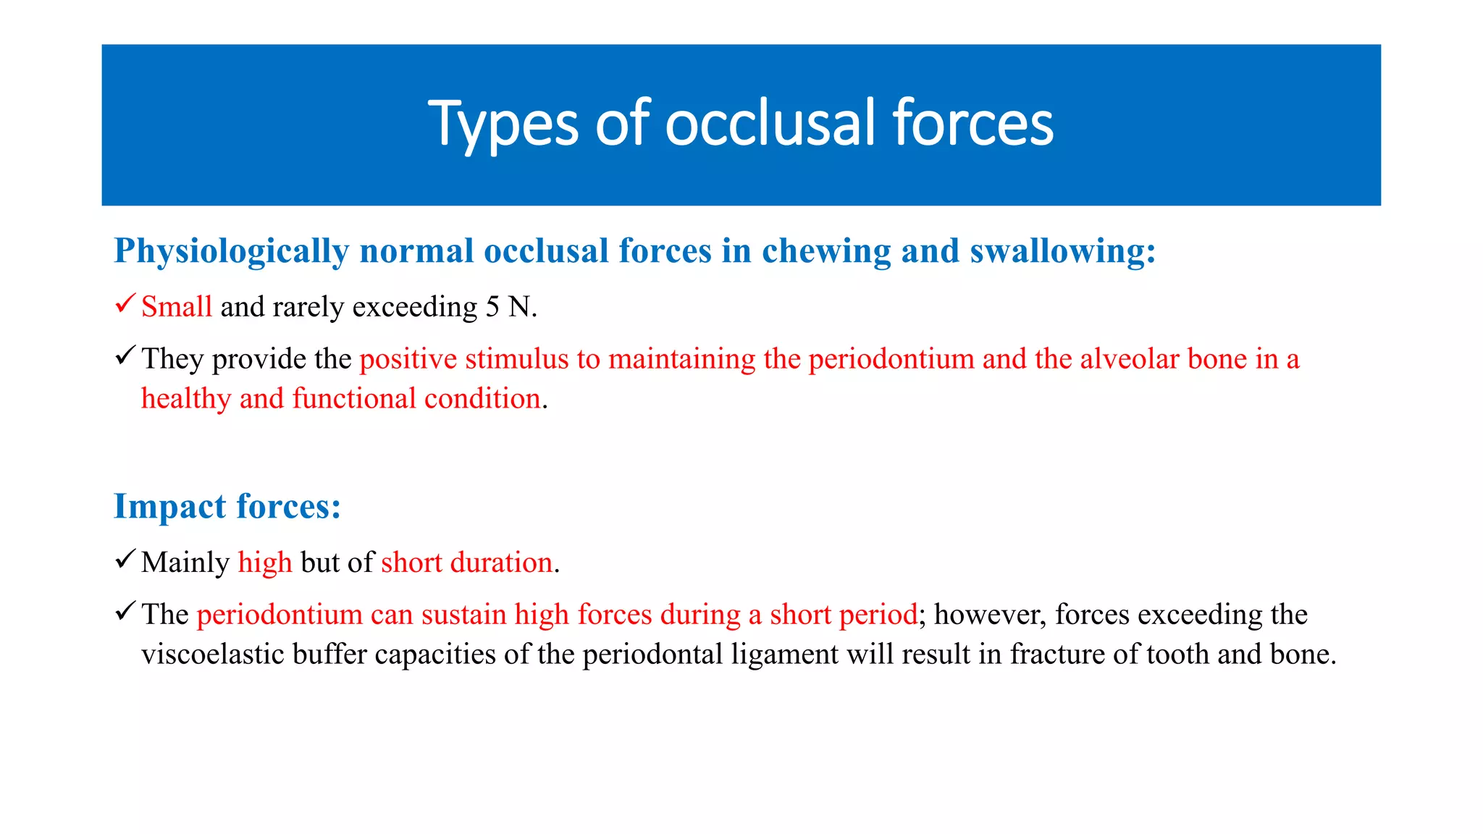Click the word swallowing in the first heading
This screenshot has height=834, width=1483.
pyautogui.click(x=1062, y=251)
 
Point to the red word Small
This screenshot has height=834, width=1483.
pyautogui.click(x=177, y=307)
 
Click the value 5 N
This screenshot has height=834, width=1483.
pyautogui.click(x=510, y=307)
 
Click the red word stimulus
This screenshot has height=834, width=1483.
pyautogui.click(x=517, y=359)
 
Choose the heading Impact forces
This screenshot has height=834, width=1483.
pyautogui.click(x=227, y=506)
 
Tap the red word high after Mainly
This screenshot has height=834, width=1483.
pyautogui.click(x=265, y=563)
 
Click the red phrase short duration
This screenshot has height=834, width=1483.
pyautogui.click(x=467, y=563)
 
